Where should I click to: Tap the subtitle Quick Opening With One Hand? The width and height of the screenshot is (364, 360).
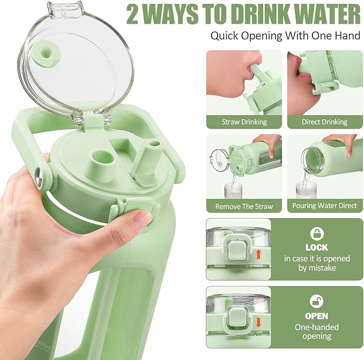coord(285,36)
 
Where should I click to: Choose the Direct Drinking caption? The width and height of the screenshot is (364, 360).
coord(324,122)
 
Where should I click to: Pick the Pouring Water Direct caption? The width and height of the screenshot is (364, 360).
coord(324,206)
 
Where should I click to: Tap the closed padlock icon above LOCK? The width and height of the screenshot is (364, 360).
coord(316,234)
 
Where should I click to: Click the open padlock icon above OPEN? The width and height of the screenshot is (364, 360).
coord(316,301)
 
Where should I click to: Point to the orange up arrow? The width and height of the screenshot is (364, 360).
coord(259,253)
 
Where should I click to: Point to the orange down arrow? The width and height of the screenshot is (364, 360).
coord(259,321)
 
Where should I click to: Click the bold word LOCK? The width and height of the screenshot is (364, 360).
coord(316,248)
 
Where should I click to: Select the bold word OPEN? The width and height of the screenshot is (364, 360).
coord(316,316)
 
